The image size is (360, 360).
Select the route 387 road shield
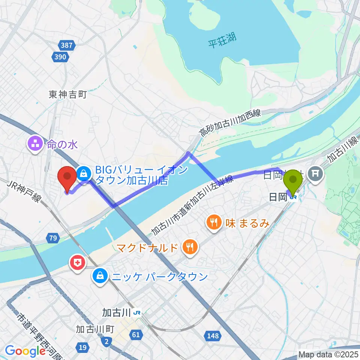click(67, 46)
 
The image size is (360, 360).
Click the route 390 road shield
click(60, 57)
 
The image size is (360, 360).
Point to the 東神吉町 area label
click(68, 94)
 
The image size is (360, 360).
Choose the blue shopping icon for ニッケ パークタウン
click(100, 277)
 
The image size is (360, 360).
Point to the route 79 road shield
click(52, 237)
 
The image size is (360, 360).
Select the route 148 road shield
click(212, 336)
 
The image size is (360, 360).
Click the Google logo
click(25, 351)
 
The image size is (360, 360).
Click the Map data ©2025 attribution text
click(328, 354)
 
